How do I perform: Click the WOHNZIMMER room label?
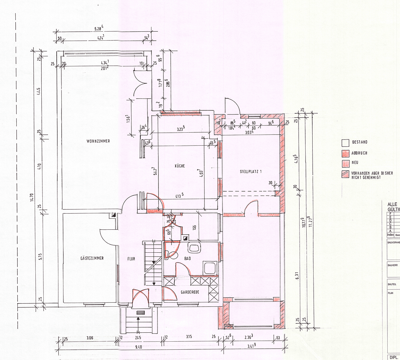coord(98,141)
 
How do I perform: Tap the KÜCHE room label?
coord(179,166)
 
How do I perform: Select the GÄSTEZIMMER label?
coord(92,258)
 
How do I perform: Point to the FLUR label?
coord(131,259)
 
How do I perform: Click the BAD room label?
coord(187,258)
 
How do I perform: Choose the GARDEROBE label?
coord(190,292)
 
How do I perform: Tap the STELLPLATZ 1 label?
coord(251,172)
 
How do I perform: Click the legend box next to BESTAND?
coord(345,143)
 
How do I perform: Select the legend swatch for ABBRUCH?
coord(345,153)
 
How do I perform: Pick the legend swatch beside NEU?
coord(345,163)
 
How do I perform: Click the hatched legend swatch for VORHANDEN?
coord(345,174)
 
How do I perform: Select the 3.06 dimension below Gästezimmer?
coord(90,338)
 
